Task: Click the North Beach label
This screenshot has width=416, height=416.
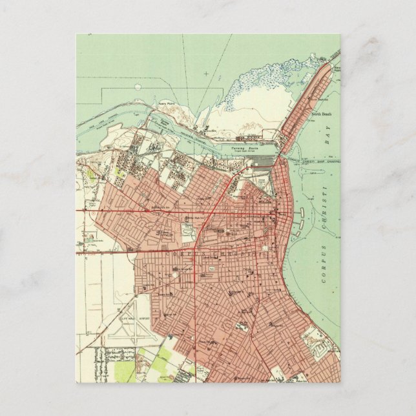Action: (x=321, y=114)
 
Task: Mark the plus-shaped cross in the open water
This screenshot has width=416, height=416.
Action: (x=206, y=74)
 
